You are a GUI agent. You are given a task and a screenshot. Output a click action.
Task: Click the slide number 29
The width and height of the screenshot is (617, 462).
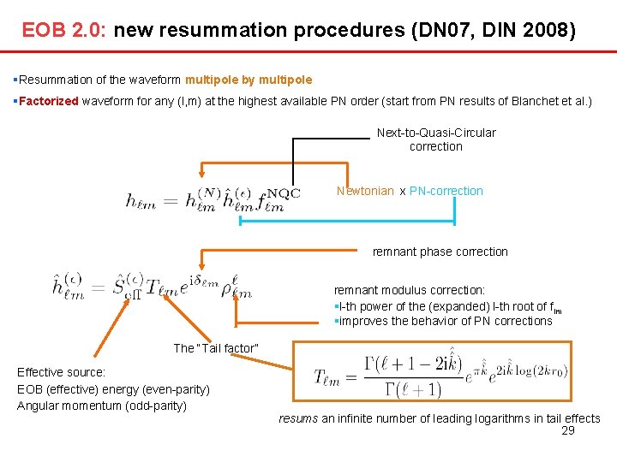pos(567,430)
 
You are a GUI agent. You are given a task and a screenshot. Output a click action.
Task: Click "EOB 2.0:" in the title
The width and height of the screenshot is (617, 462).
pos(63,32)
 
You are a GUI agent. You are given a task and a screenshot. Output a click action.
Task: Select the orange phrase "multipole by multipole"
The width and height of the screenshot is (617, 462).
pos(249,80)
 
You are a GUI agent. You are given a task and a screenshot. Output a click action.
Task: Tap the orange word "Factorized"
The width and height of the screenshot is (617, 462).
pos(49,101)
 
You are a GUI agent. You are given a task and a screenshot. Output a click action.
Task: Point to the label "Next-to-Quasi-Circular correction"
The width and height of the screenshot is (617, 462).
pos(436,139)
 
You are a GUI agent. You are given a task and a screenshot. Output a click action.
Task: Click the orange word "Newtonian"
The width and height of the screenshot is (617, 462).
pos(365,191)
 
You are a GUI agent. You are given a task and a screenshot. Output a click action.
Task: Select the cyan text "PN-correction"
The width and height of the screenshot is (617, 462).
pos(446,191)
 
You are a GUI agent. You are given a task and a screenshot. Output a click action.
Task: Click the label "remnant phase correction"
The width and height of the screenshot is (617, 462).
pos(440,252)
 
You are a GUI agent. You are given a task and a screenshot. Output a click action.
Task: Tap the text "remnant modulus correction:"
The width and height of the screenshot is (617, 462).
pos(409,290)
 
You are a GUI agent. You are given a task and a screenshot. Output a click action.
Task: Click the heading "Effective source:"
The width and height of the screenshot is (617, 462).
pos(62,372)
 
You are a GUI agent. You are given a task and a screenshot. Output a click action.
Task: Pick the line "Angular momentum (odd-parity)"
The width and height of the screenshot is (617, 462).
pos(102,405)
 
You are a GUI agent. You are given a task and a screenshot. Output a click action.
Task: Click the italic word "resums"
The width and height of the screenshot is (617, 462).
pos(298,418)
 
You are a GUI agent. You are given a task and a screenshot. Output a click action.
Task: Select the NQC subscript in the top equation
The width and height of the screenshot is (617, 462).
pos(284,193)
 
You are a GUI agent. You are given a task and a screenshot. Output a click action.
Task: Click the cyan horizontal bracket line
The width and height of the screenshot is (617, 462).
pos(346,222)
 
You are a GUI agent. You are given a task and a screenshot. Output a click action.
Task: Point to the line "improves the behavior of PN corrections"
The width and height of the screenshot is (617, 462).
pos(443,321)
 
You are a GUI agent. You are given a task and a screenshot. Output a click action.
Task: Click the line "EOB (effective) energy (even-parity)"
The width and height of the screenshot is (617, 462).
pos(113,389)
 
